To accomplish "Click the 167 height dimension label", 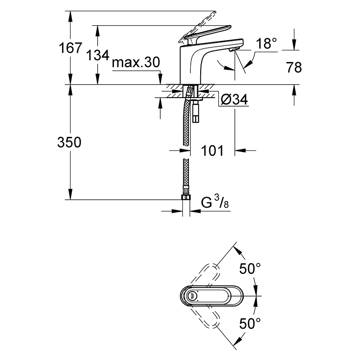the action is (70, 48).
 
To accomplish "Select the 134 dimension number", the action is (98, 55).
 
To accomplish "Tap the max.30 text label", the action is (136, 63).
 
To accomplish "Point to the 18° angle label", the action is (266, 43).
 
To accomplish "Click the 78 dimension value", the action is (294, 67).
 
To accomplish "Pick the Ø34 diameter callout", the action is (234, 100).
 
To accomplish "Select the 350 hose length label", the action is (69, 142).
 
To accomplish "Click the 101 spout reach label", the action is (212, 151).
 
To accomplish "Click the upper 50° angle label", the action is (250, 268).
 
